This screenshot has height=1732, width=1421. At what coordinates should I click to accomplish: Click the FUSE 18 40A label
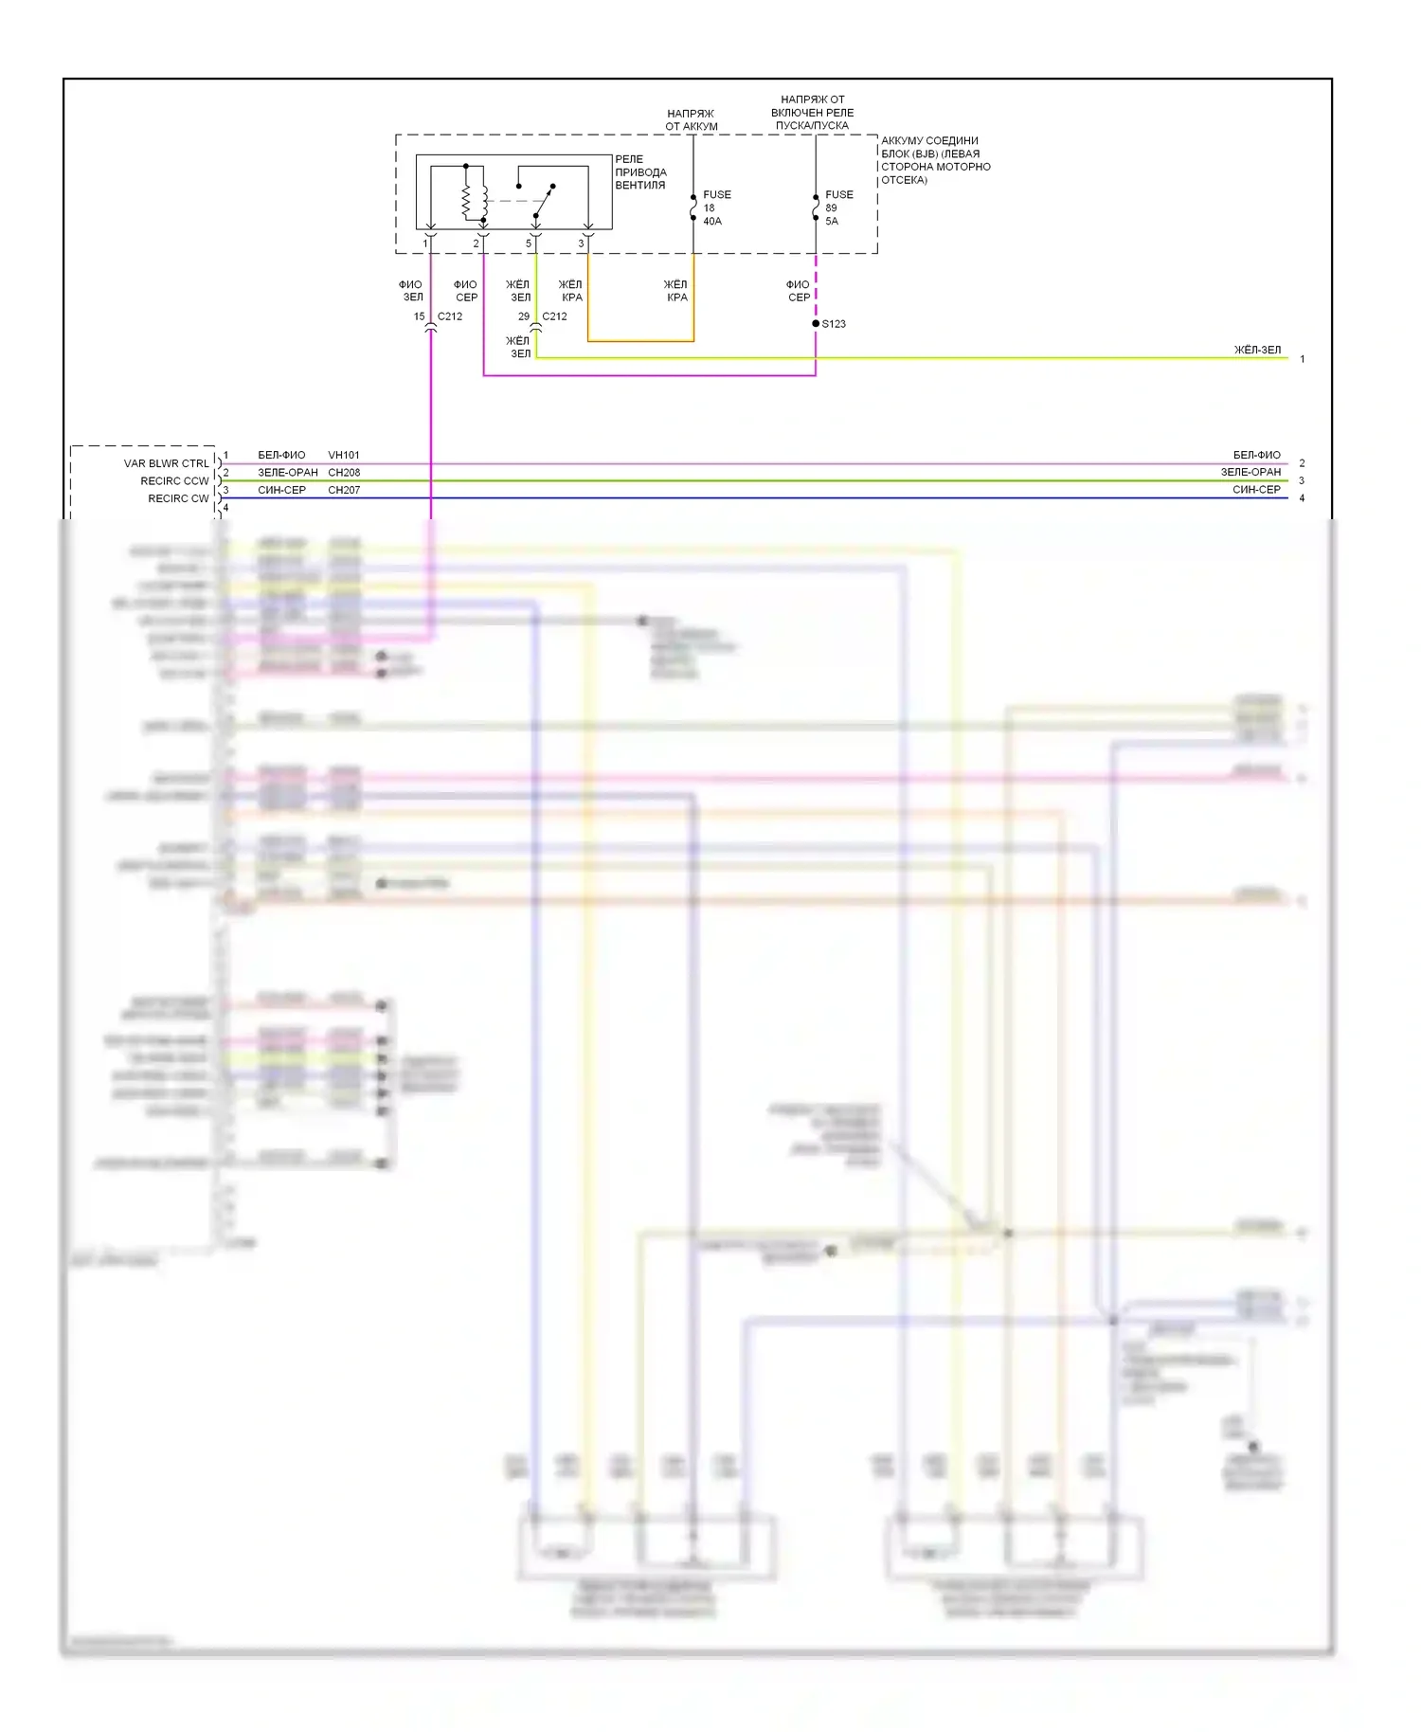point(715,207)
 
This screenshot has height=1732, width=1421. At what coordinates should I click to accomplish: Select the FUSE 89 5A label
point(837,207)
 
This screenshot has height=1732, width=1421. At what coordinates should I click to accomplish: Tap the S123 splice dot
point(816,324)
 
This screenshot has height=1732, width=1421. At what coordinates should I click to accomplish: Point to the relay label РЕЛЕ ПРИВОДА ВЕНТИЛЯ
point(640,172)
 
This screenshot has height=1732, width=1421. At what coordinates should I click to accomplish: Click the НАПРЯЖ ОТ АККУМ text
point(691,119)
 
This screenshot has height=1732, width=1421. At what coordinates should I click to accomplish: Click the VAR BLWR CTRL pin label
point(166,463)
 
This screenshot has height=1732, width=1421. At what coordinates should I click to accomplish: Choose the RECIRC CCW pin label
point(174,481)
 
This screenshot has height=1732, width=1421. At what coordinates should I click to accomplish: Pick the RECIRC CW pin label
point(178,498)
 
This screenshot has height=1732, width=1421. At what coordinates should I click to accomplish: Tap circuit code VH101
point(344,455)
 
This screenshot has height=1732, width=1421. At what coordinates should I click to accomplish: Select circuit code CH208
point(344,472)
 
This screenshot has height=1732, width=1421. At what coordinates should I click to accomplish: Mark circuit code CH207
point(344,490)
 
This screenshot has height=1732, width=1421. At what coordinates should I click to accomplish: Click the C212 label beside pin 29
point(554,316)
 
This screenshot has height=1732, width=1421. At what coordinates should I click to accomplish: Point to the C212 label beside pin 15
point(450,316)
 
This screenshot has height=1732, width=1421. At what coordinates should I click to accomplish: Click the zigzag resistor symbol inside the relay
point(466,200)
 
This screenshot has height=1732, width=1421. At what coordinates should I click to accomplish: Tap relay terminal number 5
point(529,244)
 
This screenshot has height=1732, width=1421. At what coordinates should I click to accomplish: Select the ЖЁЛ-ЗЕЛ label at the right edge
point(1257,350)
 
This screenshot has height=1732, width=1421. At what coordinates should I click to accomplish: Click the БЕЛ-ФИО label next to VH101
point(281,455)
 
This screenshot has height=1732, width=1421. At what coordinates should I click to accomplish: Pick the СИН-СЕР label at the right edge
point(1256,490)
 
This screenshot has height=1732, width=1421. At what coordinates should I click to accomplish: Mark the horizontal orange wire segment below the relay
point(640,340)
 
